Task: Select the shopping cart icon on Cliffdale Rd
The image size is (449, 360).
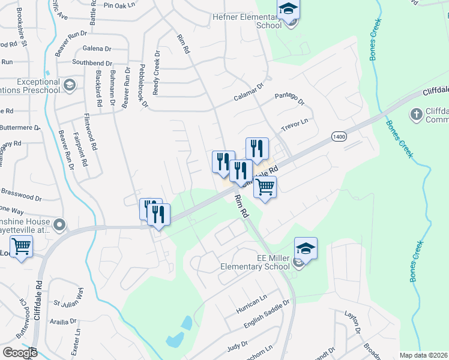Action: tap(265, 187)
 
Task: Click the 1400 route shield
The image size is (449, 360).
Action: tap(339, 137)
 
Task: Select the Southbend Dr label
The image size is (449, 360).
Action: tap(92, 63)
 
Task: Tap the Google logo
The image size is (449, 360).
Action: tap(20, 353)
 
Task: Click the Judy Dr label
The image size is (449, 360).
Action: tap(237, 347)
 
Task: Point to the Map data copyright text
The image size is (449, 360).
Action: tap(423, 355)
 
